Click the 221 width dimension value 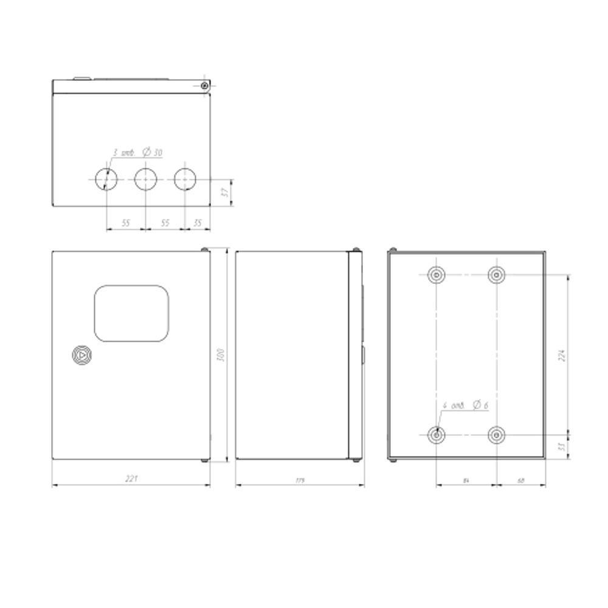click(131, 479)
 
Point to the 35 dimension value click(197, 223)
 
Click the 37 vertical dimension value click(224, 193)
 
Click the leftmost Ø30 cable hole click(106, 179)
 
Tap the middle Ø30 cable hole click(145, 179)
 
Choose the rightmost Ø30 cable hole click(185, 179)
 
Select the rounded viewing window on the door click(131, 314)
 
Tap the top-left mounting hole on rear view click(437, 275)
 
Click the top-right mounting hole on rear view click(497, 275)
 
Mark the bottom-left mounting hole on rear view click(437, 435)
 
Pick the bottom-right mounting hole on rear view click(497, 435)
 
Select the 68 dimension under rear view click(521, 480)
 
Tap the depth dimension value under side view click(300, 480)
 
